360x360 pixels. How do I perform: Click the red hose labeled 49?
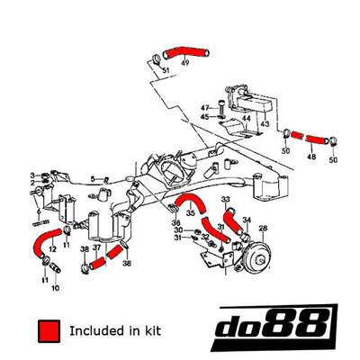(186, 52)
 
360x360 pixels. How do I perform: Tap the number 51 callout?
(166, 70)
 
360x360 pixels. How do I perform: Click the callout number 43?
(265, 123)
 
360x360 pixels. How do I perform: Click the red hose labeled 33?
(233, 221)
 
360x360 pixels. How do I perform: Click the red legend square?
(49, 331)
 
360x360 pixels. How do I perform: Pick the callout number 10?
(56, 288)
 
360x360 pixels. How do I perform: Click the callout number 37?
(96, 248)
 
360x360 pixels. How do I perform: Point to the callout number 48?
(311, 157)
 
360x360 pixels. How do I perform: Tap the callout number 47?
(205, 108)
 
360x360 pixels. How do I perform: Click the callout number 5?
(93, 179)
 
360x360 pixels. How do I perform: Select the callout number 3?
(32, 175)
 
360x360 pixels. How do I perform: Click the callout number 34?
(247, 220)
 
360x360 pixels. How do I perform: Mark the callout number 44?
(246, 119)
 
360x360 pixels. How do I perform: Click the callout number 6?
(39, 211)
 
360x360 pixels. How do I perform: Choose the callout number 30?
(178, 230)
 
